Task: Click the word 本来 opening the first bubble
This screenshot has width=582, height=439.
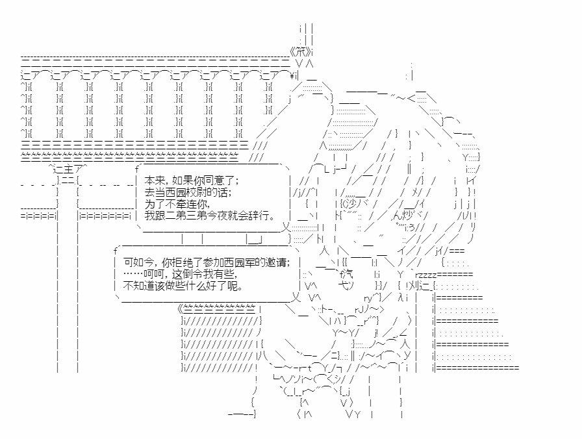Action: (153, 181)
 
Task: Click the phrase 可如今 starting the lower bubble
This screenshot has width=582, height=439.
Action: (133, 262)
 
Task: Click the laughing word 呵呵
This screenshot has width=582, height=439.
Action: (145, 273)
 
